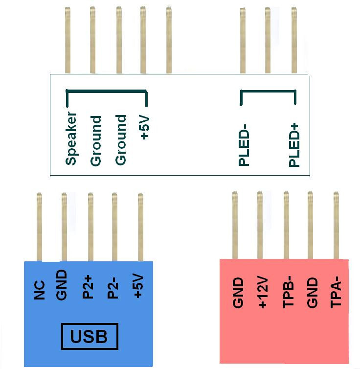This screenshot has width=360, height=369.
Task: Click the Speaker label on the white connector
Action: [71, 138]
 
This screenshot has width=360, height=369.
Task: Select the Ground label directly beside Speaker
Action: [96, 141]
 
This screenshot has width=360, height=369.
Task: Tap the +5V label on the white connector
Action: [144, 127]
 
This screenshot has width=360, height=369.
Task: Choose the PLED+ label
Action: [294, 146]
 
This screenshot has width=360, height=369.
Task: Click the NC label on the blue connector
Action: [40, 290]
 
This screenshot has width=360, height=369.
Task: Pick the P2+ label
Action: [88, 287]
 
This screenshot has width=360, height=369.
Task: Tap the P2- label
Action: [112, 288]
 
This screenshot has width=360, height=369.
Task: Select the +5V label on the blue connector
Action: [138, 285]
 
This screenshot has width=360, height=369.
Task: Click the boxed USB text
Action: [89, 336]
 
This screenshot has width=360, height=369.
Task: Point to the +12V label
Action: [263, 293]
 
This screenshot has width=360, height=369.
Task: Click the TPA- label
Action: [336, 292]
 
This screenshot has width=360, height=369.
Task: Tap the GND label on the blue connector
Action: [62, 285]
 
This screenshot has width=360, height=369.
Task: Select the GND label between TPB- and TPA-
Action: [312, 293]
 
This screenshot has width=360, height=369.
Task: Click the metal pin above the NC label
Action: [40, 227]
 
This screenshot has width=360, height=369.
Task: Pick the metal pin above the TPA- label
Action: [336, 225]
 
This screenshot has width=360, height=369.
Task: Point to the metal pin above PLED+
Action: [294, 40]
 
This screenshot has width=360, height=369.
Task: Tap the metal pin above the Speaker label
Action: [67, 40]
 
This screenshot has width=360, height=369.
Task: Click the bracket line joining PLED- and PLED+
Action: [268, 91]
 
